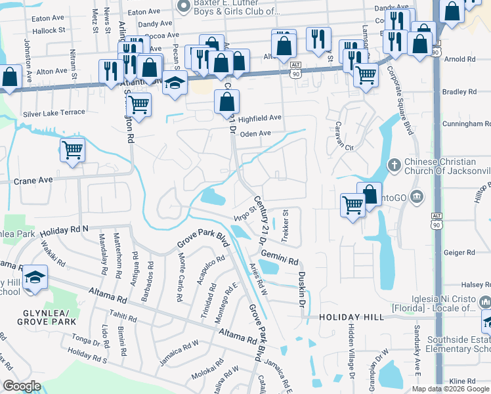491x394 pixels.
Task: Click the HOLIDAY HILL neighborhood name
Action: (351, 317)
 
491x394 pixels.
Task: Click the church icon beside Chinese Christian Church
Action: (394, 164)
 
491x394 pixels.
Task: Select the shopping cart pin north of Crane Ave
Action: (72, 150)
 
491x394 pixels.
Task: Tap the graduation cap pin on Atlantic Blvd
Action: (174, 83)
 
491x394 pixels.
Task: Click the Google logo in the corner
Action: (22, 386)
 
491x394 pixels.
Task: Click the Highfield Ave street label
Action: (259, 118)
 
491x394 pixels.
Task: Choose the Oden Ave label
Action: (256, 133)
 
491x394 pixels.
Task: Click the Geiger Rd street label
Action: (459, 252)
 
